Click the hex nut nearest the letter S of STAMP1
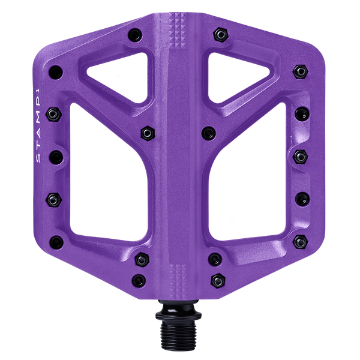[x=53, y=112]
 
